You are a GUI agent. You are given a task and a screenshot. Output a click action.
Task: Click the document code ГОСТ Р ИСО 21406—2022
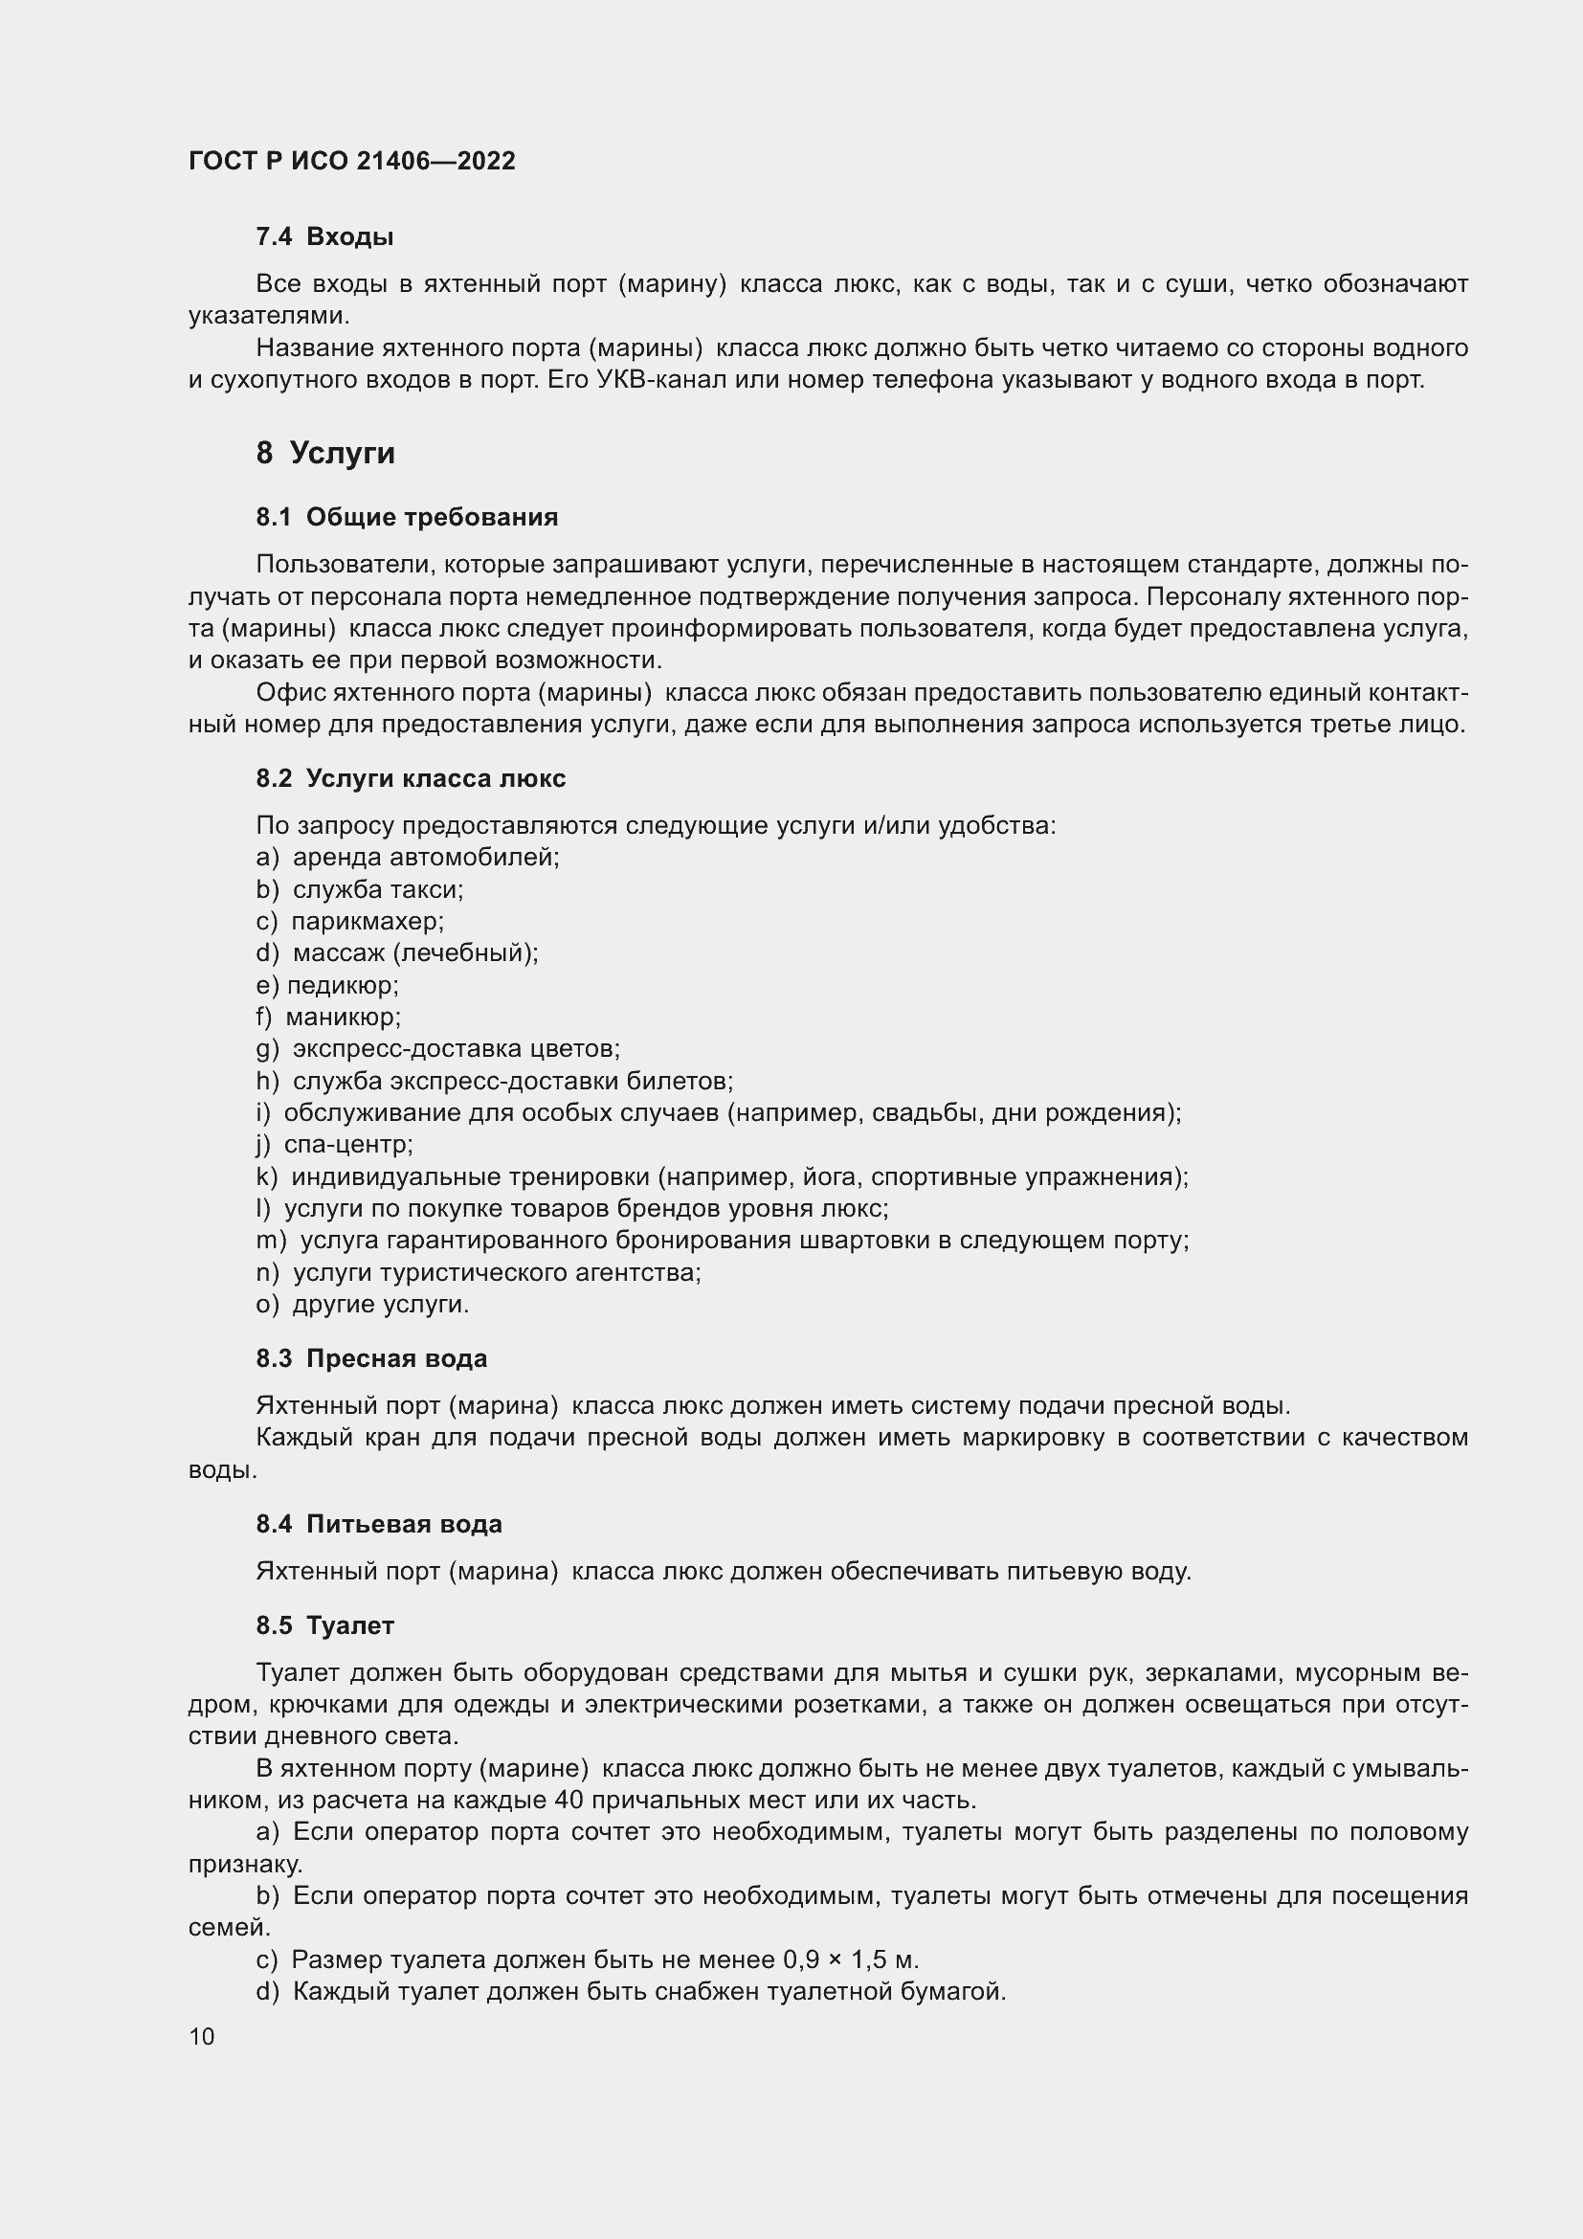352,161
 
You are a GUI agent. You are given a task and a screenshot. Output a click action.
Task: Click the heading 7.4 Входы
324,236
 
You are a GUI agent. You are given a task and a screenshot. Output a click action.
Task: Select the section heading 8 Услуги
325,454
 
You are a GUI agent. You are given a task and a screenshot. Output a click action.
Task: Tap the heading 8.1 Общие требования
408,517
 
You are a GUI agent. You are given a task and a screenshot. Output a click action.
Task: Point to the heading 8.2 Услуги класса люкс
411,778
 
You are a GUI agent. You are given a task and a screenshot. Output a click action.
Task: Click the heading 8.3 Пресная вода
371,1358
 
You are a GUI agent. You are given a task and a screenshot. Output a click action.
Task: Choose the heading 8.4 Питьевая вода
379,1524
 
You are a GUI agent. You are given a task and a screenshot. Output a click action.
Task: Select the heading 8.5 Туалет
324,1625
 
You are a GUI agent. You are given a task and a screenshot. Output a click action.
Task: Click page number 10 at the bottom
202,2036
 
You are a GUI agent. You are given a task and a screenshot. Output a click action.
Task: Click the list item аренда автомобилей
426,857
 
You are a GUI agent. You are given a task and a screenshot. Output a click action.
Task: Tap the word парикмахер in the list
367,922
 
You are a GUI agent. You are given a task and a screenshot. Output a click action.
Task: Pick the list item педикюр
342,985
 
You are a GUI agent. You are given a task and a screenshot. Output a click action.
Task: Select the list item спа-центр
348,1144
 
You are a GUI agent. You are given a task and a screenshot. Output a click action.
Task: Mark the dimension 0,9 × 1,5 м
850,1959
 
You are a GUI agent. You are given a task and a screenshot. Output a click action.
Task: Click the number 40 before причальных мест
569,1800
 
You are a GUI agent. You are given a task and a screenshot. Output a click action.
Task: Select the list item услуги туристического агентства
496,1272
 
